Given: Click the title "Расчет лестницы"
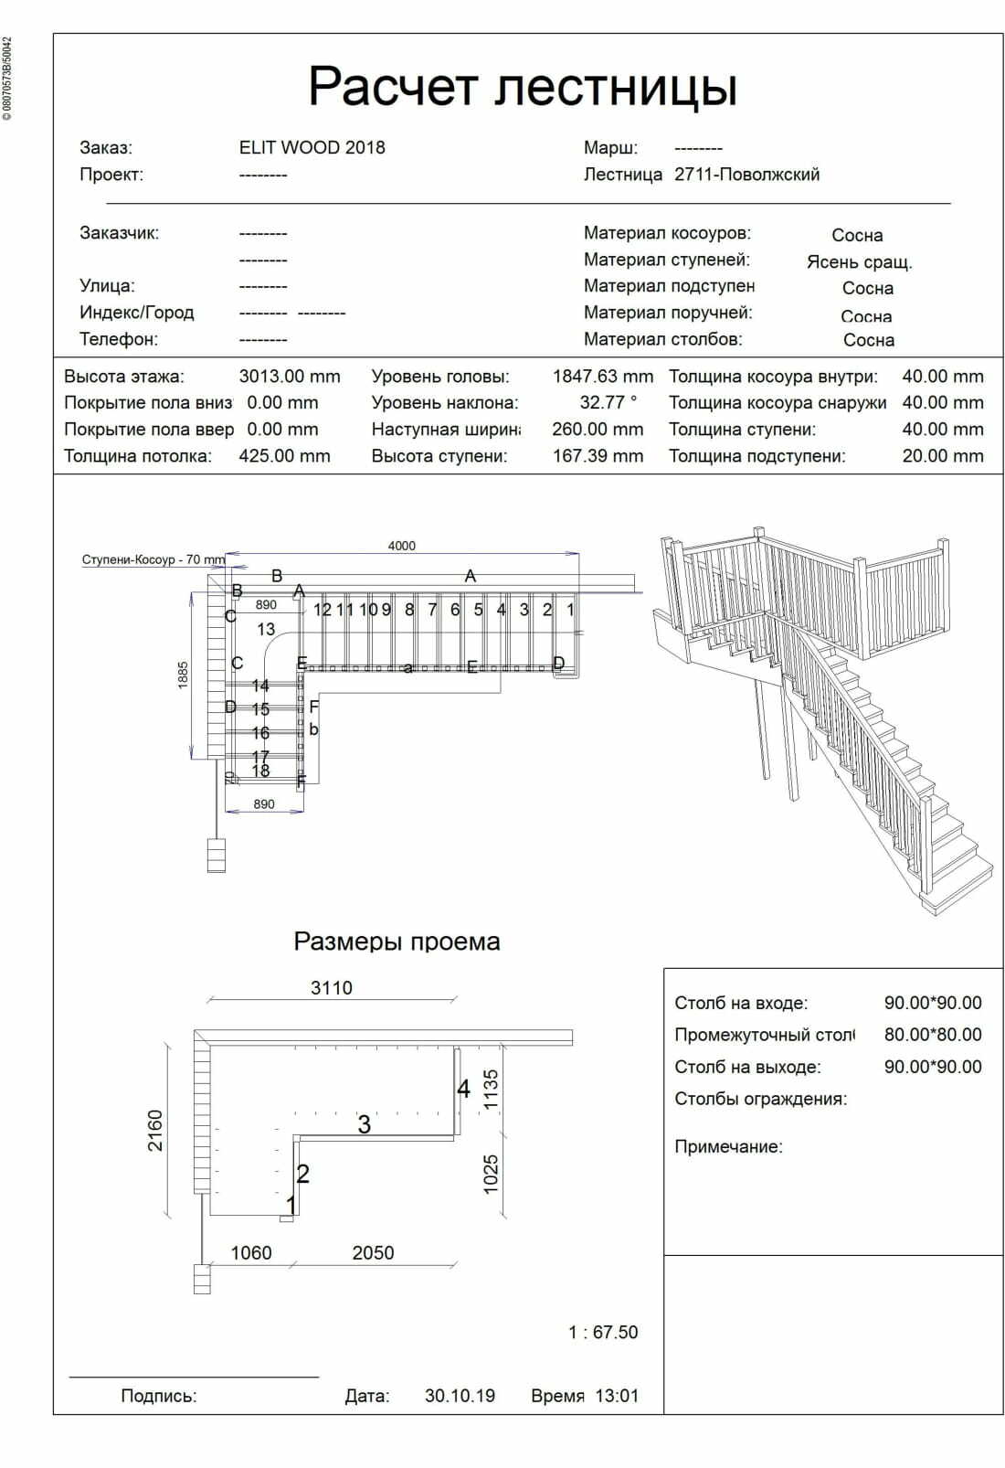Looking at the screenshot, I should [523, 87].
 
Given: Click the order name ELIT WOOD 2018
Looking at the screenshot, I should [312, 148].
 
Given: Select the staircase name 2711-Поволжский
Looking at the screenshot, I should [746, 175].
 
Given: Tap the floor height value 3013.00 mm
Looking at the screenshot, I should [289, 377].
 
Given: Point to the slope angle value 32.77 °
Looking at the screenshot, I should [608, 403].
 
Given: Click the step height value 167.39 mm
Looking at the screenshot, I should [598, 456].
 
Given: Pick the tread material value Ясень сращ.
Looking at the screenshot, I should [859, 262].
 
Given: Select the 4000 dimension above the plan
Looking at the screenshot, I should [402, 546].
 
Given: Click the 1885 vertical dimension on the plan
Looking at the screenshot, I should [183, 675].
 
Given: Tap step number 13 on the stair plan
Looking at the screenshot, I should [266, 629].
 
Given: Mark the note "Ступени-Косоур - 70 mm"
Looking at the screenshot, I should [153, 559].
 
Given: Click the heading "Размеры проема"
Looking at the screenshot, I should [397, 941].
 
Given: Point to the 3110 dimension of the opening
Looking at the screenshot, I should [331, 988].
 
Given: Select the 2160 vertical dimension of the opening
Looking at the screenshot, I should [155, 1131].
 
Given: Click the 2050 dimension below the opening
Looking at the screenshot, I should [373, 1253].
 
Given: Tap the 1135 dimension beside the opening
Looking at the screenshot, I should [492, 1090].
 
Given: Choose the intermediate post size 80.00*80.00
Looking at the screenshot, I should [932, 1035].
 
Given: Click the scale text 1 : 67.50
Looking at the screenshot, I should [603, 1333].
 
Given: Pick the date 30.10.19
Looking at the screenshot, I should [460, 1396].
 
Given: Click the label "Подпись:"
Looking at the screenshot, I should [159, 1396].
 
